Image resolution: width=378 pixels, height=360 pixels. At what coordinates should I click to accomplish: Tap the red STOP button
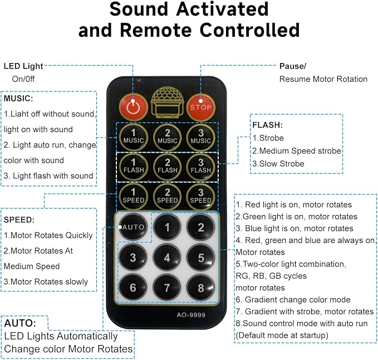(200, 107)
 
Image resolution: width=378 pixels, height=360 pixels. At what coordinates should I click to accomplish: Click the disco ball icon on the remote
(168, 103)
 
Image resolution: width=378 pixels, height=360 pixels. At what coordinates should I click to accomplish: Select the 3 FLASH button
(200, 167)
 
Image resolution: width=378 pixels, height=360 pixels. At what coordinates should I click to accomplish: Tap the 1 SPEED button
(133, 196)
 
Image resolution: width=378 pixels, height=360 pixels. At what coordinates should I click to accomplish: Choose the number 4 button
(167, 257)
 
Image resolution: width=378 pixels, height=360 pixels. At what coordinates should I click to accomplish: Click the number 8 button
(200, 288)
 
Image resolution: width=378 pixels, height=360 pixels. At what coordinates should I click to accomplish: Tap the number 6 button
(133, 288)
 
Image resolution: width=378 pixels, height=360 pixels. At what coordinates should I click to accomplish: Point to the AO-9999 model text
(191, 315)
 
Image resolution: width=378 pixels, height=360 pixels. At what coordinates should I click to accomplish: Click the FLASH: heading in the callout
(267, 125)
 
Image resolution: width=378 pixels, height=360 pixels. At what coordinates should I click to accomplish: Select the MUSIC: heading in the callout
(18, 99)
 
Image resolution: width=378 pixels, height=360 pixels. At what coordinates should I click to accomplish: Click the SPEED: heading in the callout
(19, 220)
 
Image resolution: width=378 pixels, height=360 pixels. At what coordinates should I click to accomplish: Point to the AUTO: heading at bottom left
(20, 323)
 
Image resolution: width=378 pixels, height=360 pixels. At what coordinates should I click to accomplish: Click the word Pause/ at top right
(293, 66)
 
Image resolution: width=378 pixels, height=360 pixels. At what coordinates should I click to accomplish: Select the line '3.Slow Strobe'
(278, 164)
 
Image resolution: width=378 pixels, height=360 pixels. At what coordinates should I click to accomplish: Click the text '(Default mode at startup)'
(282, 335)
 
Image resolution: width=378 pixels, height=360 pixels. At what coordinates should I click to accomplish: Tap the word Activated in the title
(223, 9)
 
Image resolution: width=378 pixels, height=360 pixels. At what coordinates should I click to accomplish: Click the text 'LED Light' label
(23, 66)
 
